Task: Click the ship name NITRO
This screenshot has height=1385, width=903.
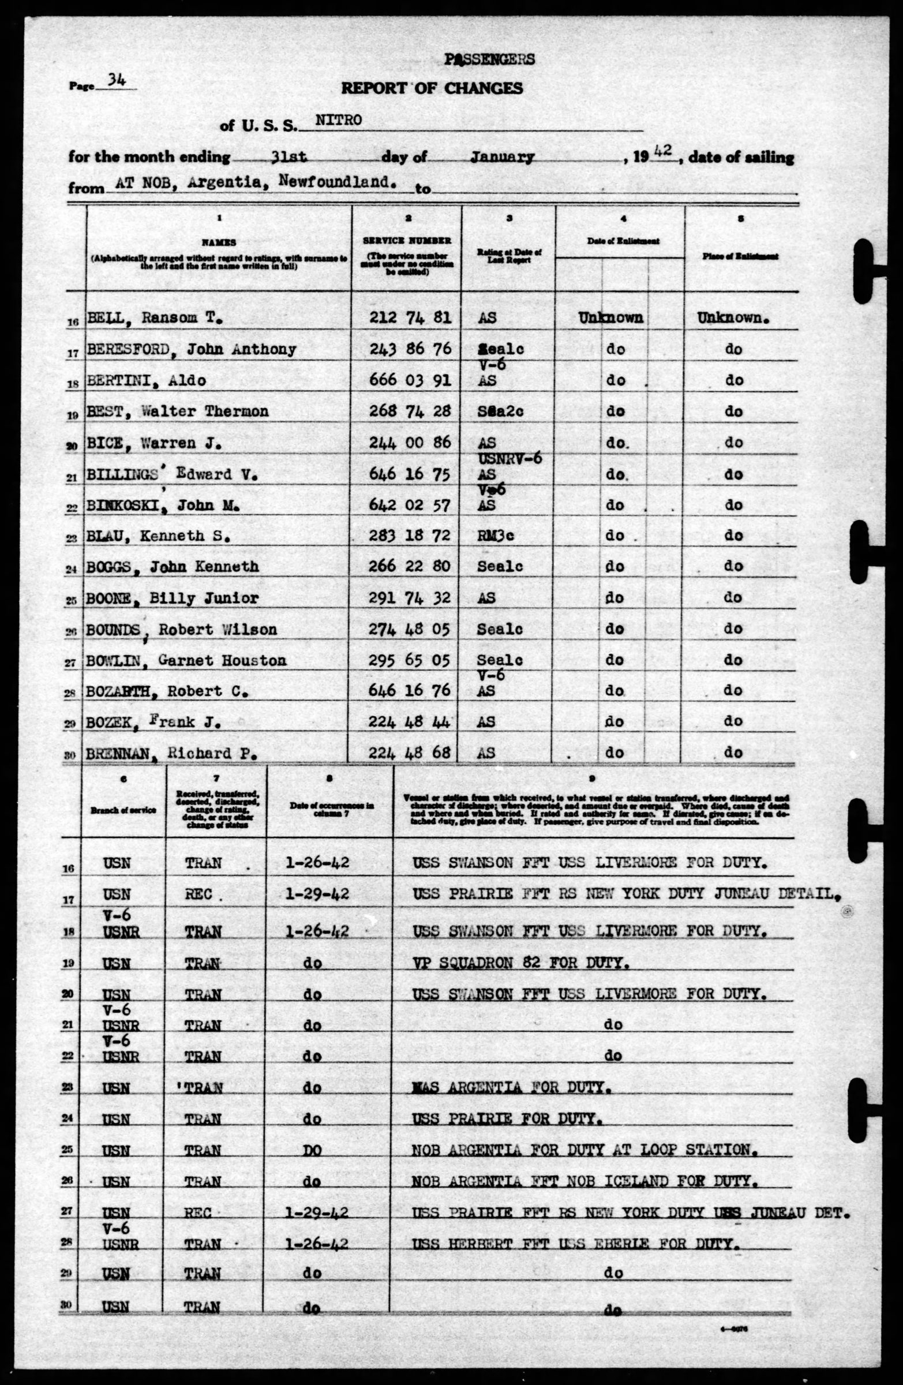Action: point(338,121)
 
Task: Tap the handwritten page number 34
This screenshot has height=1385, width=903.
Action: point(117,81)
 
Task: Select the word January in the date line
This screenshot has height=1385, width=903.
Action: point(502,157)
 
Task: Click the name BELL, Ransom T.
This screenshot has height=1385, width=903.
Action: point(155,319)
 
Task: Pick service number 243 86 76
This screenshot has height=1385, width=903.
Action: point(410,349)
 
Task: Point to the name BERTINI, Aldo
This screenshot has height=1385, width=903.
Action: point(146,380)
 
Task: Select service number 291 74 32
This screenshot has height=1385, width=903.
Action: point(410,598)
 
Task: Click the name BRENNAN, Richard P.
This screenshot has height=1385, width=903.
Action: point(171,754)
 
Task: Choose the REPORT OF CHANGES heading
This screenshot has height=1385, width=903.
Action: point(432,88)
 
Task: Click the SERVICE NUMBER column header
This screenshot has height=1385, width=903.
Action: point(407,240)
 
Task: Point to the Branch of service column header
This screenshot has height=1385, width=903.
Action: point(123,810)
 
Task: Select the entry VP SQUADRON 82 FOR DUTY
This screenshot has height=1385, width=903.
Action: point(520,963)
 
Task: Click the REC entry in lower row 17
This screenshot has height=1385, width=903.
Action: point(198,894)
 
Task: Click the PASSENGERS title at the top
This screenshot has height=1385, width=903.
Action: point(489,59)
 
